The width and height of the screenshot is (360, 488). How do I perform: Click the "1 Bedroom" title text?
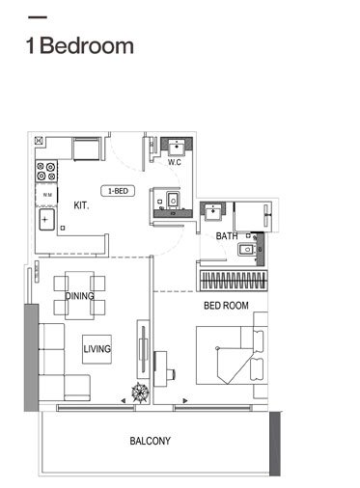pos(81,45)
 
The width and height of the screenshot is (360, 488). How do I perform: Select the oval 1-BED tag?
pos(120,191)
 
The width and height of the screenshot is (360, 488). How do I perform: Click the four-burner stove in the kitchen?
pos(46,172)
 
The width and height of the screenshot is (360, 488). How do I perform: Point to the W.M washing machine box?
pos(46,196)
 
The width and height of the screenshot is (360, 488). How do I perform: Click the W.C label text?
pos(175,162)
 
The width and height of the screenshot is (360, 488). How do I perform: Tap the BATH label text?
pos(227,235)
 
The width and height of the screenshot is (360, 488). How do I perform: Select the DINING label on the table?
pos(80,296)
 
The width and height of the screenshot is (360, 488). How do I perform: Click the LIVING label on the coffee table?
pos(97,348)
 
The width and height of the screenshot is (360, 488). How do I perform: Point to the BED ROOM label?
pos(226,306)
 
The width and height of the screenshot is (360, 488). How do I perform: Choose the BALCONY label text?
pos(150,441)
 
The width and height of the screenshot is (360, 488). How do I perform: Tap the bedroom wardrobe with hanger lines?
pos(232,282)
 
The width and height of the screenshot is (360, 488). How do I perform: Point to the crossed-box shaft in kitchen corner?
pos(86,149)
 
